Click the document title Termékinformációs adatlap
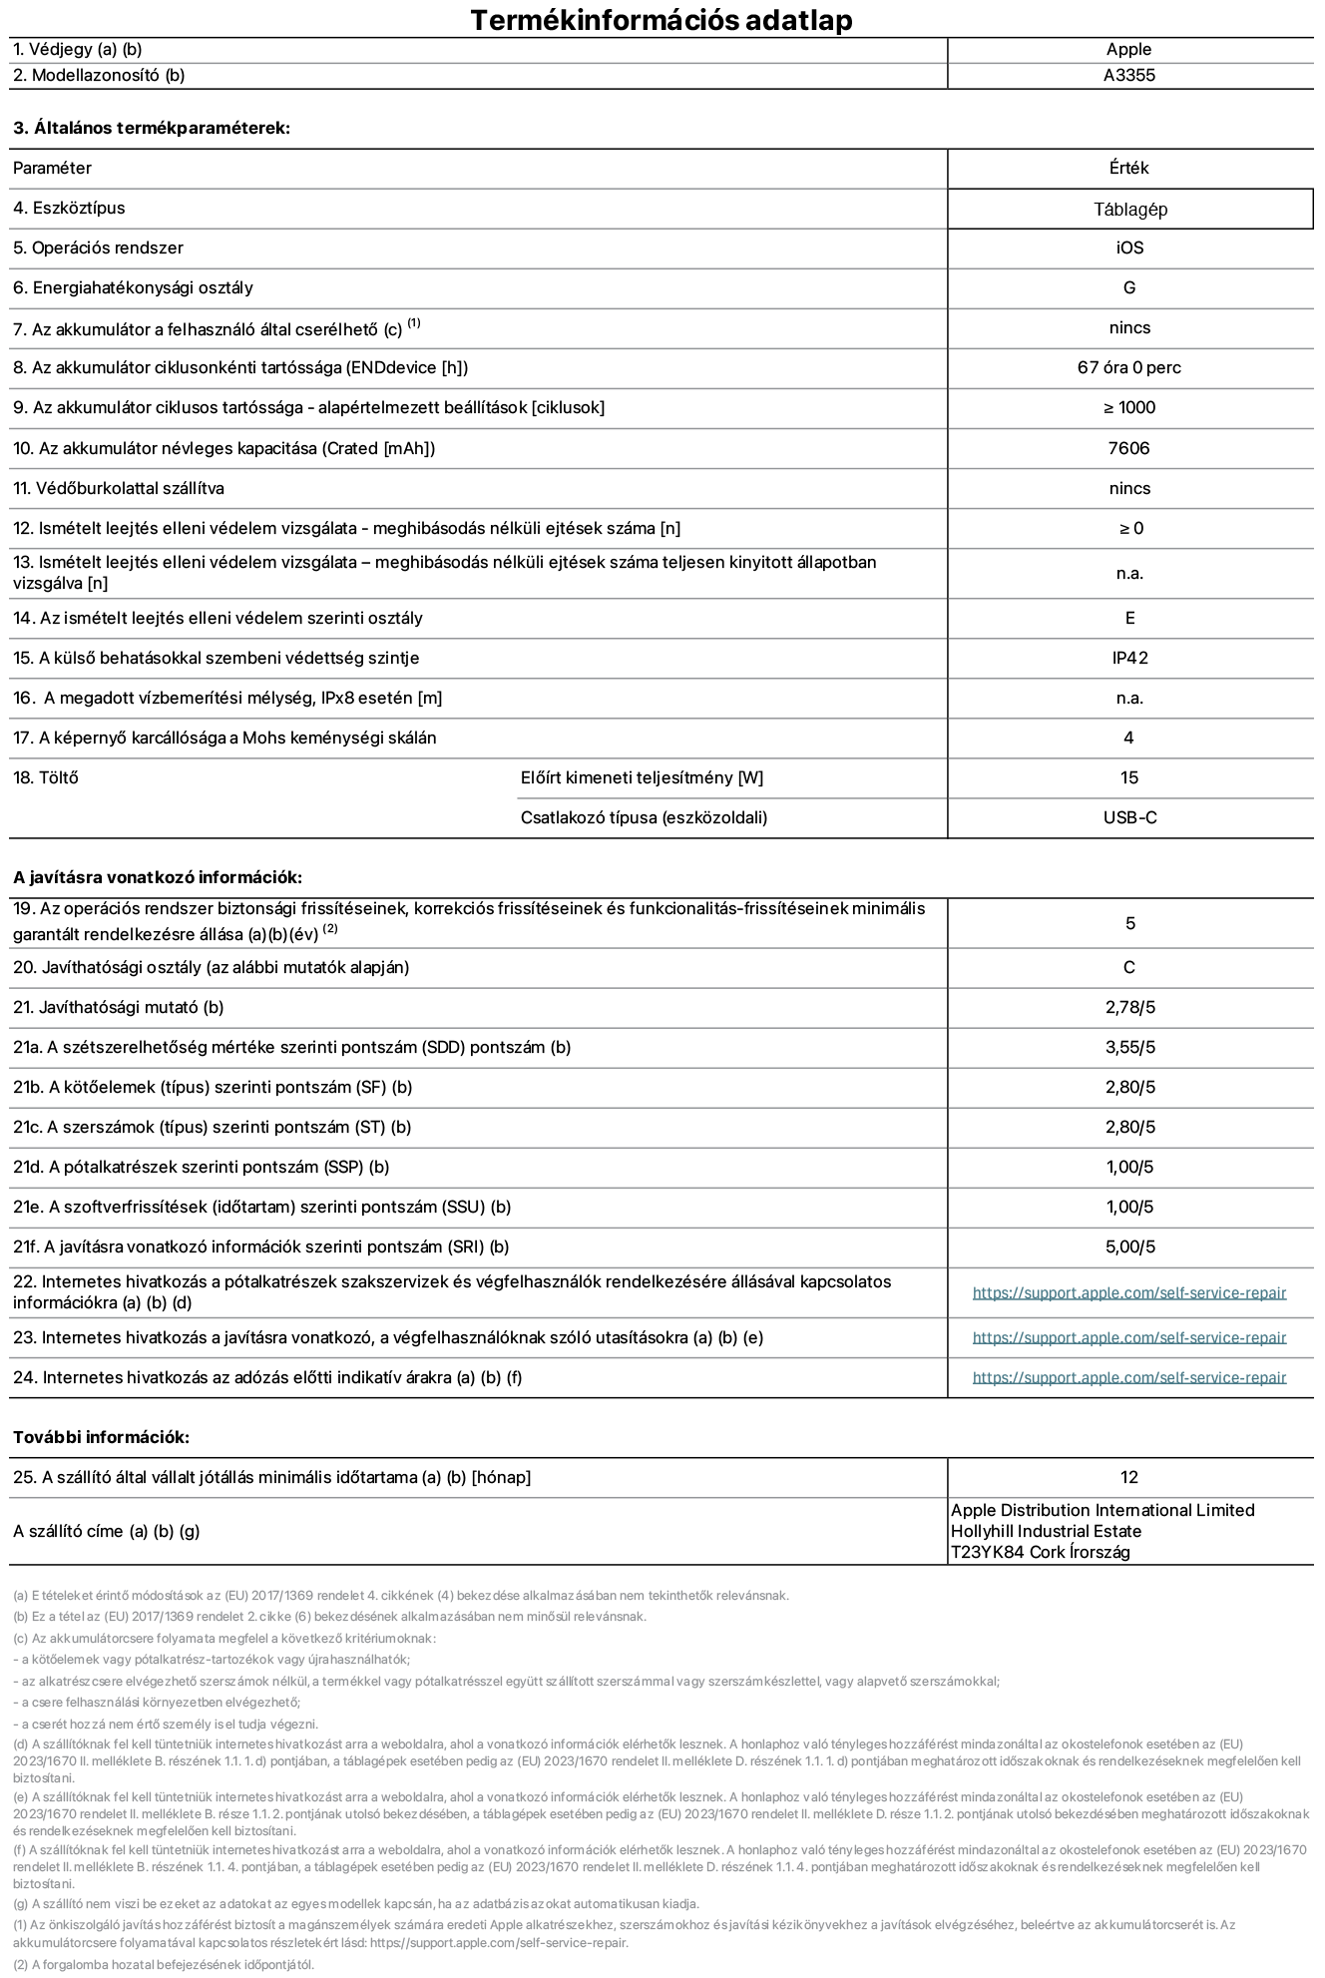[662, 20]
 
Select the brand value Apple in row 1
[1128, 50]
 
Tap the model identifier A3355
[1128, 76]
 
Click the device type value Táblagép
[1129, 210]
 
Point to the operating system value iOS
[1129, 248]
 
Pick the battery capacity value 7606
[1128, 449]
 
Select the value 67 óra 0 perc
[1128, 368]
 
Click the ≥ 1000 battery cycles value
[1129, 408]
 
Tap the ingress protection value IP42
[1129, 659]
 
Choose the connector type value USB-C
[1129, 818]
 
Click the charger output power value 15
[1129, 778]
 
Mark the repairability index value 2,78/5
[1129, 1008]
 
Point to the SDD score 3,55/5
[1129, 1048]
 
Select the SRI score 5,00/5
[1129, 1247]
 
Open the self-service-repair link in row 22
[1128, 1293]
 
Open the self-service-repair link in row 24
[1128, 1378]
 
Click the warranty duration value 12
[1129, 1478]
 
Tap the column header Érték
[1128, 169]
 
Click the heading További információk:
[101, 1438]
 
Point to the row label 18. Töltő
[46, 778]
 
